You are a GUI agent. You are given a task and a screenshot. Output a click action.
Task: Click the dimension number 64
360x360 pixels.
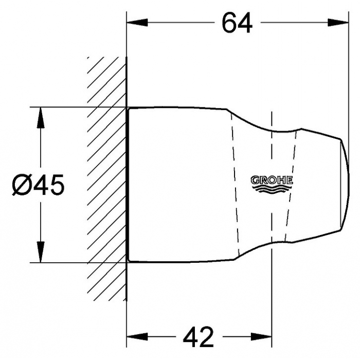(237, 23)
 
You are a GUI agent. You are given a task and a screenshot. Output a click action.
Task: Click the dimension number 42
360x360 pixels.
(199, 337)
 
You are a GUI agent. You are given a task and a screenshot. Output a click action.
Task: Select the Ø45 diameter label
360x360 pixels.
(38, 185)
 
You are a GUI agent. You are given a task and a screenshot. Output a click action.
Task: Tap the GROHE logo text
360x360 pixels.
(272, 180)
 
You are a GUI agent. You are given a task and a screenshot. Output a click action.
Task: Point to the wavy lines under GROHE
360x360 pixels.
(272, 189)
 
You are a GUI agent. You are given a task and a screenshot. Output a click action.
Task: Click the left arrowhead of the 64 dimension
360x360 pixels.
(137, 23)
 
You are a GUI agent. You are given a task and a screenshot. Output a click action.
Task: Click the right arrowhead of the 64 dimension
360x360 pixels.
(338, 23)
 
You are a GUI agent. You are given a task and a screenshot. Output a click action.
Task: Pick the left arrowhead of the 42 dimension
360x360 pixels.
(137, 337)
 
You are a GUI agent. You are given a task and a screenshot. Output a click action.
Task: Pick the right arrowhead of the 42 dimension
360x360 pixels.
(261, 337)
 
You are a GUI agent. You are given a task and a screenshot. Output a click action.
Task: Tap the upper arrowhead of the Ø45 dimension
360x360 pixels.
(41, 118)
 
